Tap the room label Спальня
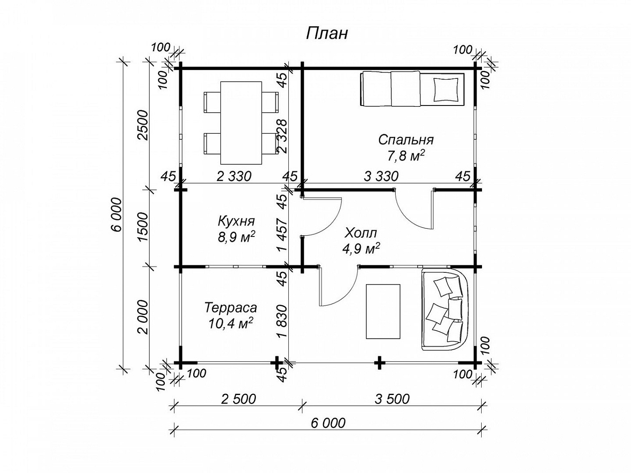(405, 140)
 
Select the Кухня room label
(236, 221)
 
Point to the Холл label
(361, 233)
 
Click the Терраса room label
(230, 308)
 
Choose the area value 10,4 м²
(230, 323)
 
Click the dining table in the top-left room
(241, 123)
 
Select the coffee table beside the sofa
(383, 312)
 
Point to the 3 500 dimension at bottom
(392, 399)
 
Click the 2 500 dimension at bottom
(238, 399)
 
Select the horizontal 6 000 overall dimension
(328, 423)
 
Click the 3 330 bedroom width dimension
(381, 176)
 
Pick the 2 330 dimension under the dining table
(234, 176)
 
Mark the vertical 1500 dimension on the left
(143, 227)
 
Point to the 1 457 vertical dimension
(282, 235)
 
